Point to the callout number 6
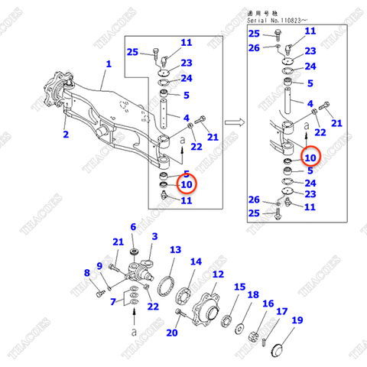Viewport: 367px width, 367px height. coord(133,227)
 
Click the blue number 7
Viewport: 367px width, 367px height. coord(114,303)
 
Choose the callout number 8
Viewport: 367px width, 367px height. coord(86,273)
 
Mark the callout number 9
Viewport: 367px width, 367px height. coord(99,265)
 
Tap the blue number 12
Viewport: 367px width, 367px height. coord(218,274)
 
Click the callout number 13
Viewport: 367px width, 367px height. coord(175,250)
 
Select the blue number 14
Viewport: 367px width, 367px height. coord(196,261)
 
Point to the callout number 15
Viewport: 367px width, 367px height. coord(240,287)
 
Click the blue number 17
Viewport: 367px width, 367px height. coord(282,311)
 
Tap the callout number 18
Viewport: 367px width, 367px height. coord(253,295)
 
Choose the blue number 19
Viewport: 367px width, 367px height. coord(297,320)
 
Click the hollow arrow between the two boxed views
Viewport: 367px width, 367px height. coord(236,121)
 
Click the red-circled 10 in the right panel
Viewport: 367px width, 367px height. coord(310,158)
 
